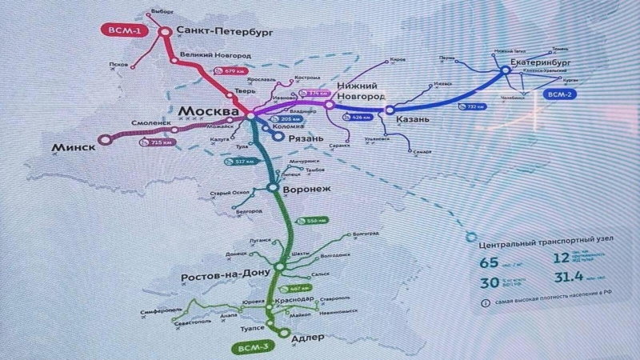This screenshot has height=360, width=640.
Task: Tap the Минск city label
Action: pyautogui.click(x=72, y=147)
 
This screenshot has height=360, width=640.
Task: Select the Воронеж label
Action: pyautogui.click(x=309, y=190)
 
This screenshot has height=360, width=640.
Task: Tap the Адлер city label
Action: pyautogui.click(x=307, y=337)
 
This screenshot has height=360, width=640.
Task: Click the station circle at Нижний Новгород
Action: pyautogui.click(x=329, y=105)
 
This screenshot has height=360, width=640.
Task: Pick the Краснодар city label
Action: pyautogui.click(x=294, y=298)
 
